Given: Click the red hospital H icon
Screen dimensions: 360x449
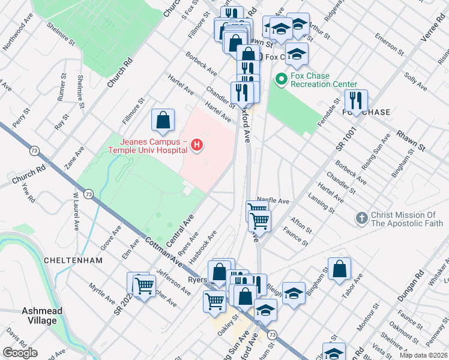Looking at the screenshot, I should pos(197,145).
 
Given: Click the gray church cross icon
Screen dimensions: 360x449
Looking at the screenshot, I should pos(361,219).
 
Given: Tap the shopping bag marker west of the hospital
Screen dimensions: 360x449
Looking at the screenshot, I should pos(163,121).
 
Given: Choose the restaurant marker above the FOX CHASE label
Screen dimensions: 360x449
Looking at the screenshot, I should pos(356,101).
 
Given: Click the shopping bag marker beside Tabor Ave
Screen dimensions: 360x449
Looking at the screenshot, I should pos(339,269).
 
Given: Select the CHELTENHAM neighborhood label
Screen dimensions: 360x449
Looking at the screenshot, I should pos(73,260).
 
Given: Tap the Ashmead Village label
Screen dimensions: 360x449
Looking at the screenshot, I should pos(40,316).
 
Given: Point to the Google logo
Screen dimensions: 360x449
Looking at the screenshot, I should pos(20,353).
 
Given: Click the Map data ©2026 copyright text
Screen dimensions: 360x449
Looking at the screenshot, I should pos(423,355).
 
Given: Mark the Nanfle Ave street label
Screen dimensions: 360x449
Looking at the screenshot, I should pos(273,201).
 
